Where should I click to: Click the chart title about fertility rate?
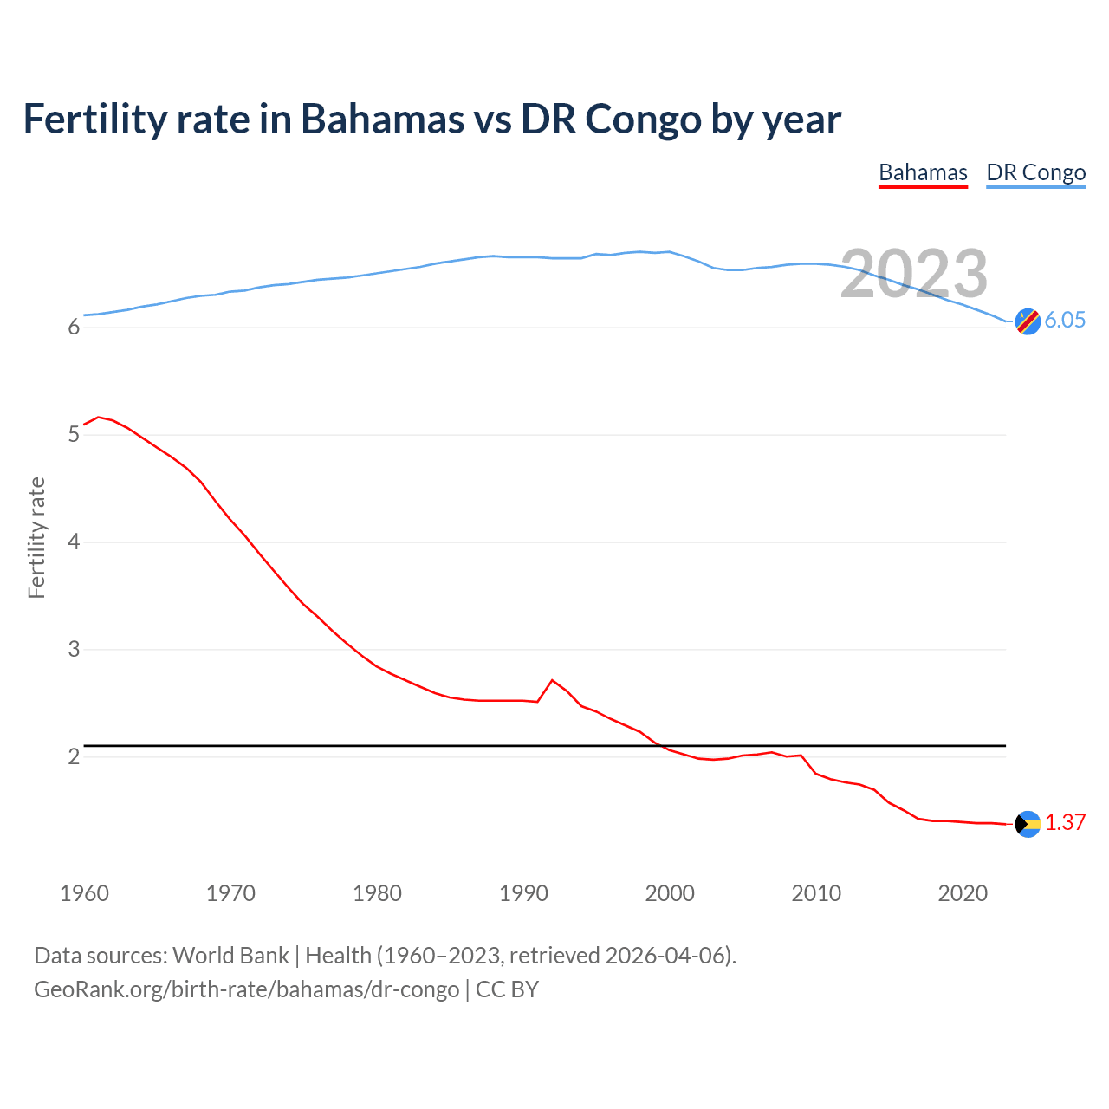coord(431,120)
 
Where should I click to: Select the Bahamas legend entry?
coord(923,172)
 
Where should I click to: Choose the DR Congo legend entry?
coord(1035,172)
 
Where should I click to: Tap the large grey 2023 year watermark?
coord(913,274)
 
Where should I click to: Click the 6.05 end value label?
coord(1064,320)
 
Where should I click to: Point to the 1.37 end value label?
coord(1065,822)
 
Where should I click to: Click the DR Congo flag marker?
coord(1028,321)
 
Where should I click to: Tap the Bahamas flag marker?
coord(1028,824)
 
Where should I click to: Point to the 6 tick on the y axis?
coord(74,328)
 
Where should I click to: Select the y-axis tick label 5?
coord(74,434)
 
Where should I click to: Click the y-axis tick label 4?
coord(74,542)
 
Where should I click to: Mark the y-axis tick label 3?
coord(74,649)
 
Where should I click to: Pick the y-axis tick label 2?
coord(74,756)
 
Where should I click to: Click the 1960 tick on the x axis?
coord(84,893)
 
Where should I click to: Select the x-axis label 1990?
coord(523,893)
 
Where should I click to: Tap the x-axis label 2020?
coord(963,893)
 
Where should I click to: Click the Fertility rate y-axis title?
coord(36,537)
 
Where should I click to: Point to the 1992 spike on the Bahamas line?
coord(553,680)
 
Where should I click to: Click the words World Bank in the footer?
coord(230,956)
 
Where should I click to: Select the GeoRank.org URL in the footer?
coord(246,989)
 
